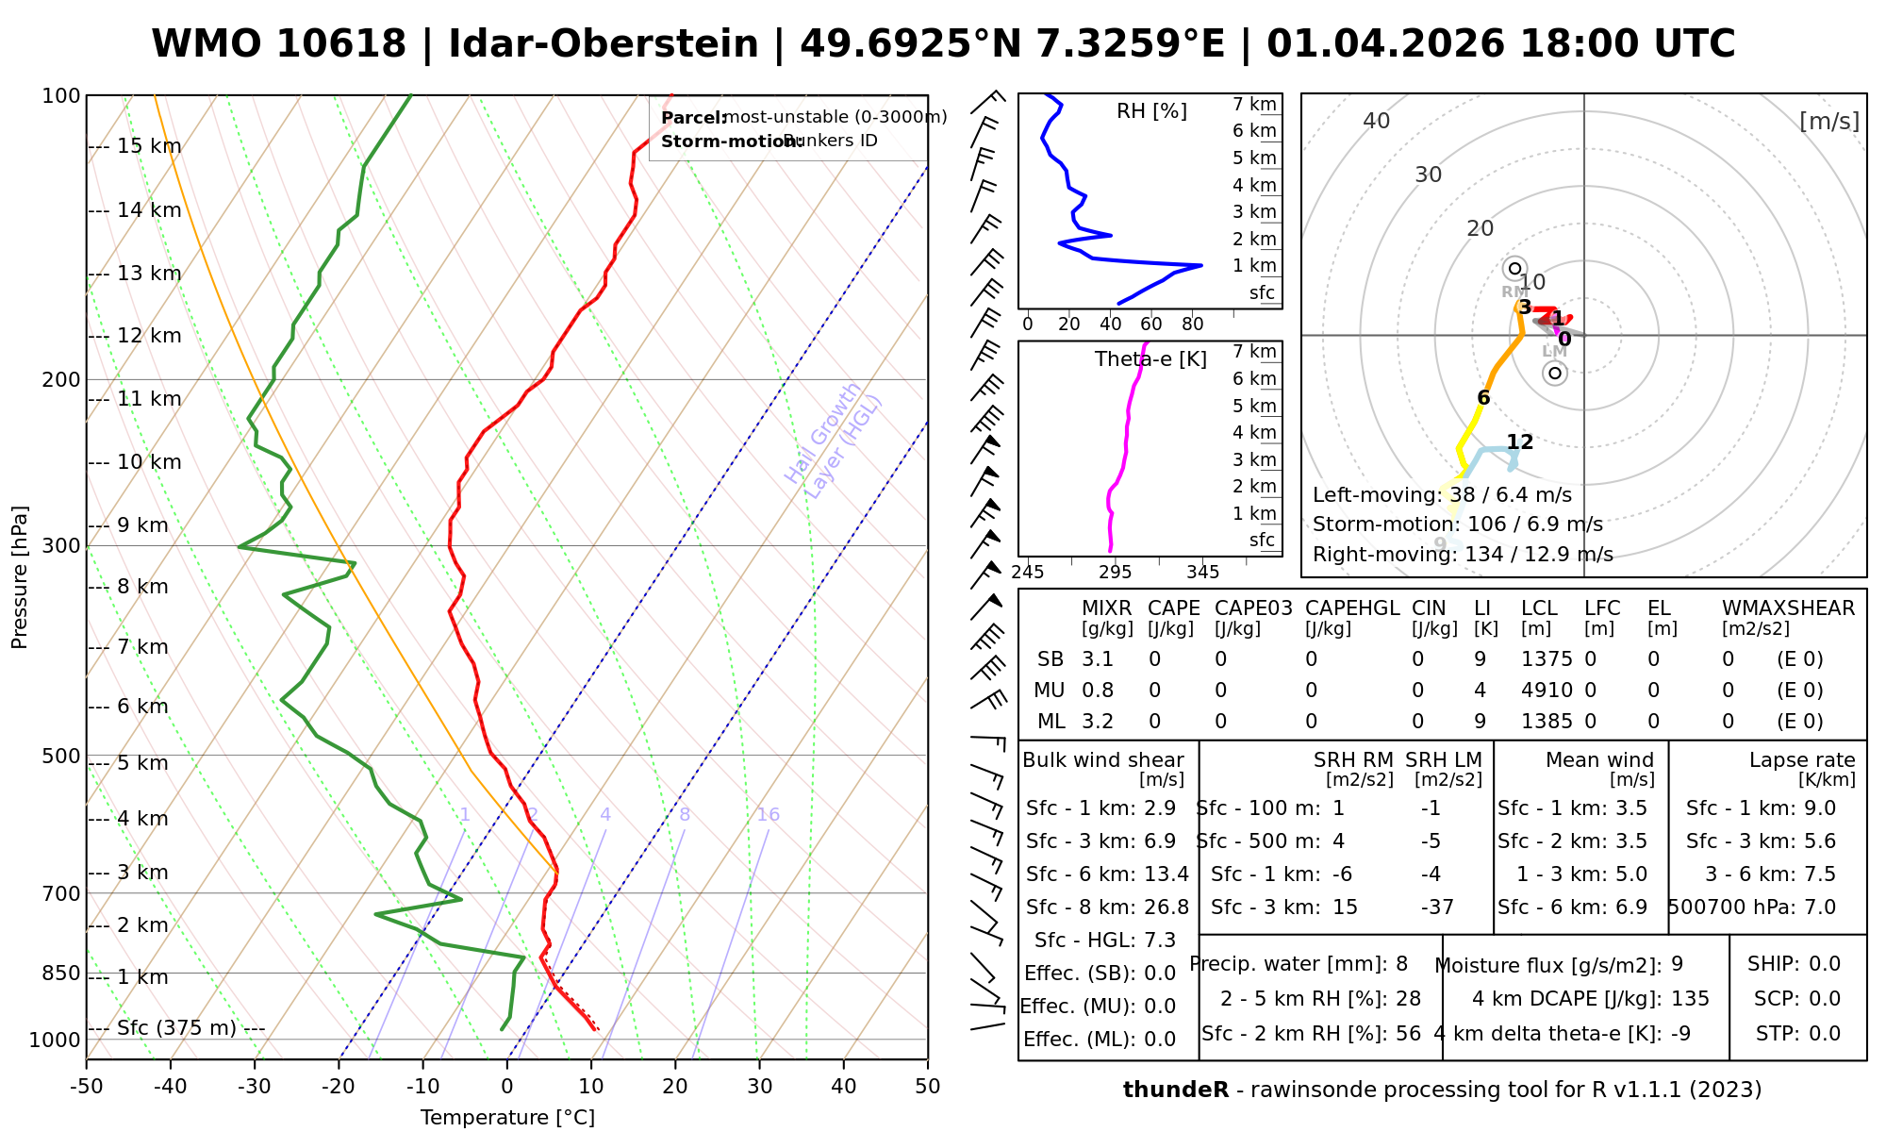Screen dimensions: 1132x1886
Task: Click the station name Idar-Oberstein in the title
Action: [x=604, y=44]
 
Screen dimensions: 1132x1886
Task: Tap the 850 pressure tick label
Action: [x=62, y=973]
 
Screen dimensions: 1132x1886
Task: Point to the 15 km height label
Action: [x=149, y=146]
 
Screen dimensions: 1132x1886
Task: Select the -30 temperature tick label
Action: [x=255, y=1087]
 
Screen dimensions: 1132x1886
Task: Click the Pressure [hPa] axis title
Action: [x=20, y=577]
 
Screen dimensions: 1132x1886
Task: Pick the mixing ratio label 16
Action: [x=768, y=815]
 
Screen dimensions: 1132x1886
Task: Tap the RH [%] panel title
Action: [x=1151, y=111]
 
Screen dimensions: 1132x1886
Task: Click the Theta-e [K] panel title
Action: [x=1150, y=359]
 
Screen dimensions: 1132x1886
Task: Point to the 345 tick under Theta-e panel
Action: [x=1202, y=573]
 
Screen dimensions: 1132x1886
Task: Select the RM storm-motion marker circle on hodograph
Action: [x=1514, y=269]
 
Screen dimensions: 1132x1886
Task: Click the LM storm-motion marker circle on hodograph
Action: [x=1554, y=374]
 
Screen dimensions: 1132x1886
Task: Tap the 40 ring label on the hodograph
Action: [x=1377, y=121]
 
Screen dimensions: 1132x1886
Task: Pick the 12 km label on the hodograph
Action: [x=1519, y=441]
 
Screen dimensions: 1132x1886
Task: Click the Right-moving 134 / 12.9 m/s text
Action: [x=1463, y=555]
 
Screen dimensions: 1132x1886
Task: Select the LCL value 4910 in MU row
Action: [x=1547, y=691]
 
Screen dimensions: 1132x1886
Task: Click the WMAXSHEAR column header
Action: [x=1788, y=608]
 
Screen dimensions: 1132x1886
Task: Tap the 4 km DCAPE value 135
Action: [x=1690, y=999]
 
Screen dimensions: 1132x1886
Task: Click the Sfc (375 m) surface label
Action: [x=176, y=1028]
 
